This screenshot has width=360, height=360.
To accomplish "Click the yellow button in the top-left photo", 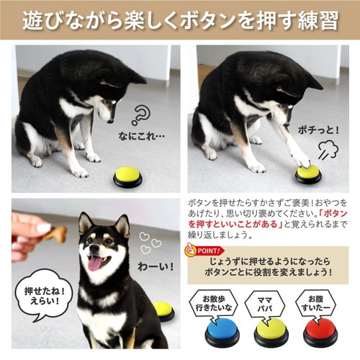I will [127, 176].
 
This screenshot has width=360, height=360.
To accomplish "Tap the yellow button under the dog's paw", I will [307, 174].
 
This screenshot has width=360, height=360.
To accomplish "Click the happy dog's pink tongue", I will [95, 261].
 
